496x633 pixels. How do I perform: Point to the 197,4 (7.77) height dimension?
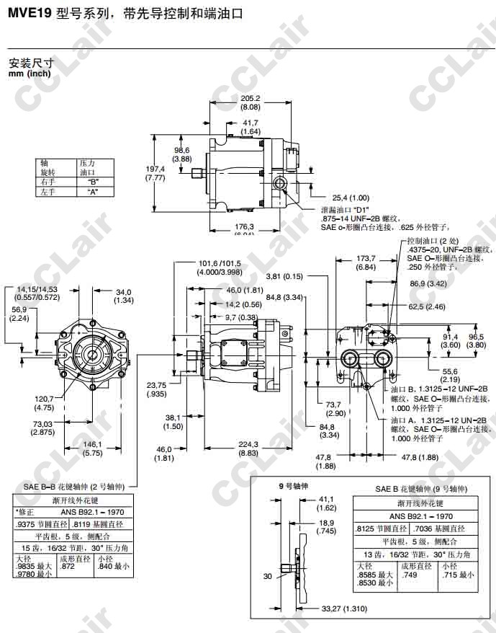pyautogui.click(x=155, y=172)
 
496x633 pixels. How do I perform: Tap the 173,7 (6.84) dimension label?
pyautogui.click(x=366, y=262)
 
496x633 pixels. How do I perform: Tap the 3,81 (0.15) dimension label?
pyautogui.click(x=283, y=276)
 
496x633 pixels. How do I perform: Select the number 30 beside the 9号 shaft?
pyautogui.click(x=268, y=576)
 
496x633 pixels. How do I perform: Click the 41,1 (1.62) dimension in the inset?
pyautogui.click(x=326, y=502)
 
